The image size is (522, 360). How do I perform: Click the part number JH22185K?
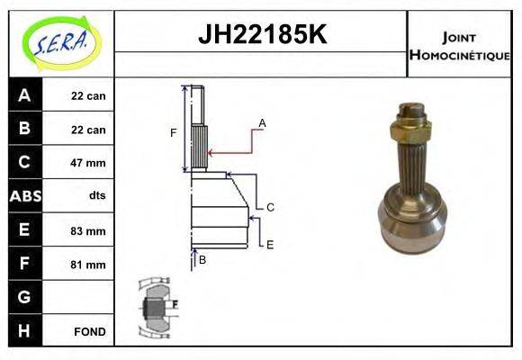pos(261,35)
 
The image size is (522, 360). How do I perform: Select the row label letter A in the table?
pos(24,95)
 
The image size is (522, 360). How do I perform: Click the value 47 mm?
pos(88,163)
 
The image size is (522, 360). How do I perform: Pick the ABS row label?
pos(24,196)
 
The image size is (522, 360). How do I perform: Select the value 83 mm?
pos(88,230)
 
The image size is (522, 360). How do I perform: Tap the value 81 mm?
pos(88,265)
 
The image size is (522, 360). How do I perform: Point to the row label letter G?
pos(24,297)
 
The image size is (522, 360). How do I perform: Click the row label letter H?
pos(24,330)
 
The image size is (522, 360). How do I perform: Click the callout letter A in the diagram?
pos(262,122)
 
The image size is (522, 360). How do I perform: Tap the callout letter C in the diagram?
pos(270,207)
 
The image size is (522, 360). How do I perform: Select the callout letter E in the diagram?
pos(270,244)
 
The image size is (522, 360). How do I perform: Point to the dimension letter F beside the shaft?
pos(174,133)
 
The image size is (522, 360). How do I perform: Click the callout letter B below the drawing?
pos(202,260)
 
